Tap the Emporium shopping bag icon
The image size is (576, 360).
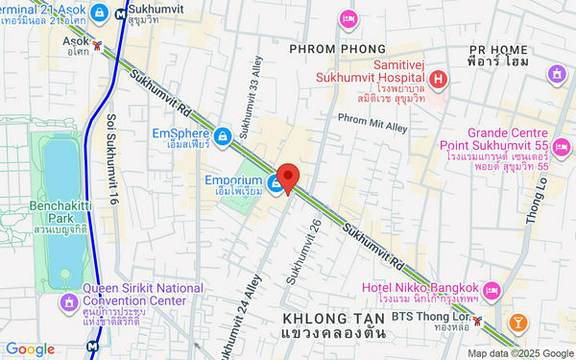276,186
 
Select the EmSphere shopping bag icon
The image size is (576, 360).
223,135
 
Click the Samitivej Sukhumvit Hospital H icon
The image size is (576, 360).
438,80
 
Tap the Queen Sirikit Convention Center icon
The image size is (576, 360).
68,303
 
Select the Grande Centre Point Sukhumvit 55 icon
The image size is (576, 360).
562,147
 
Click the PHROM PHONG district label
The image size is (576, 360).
337,48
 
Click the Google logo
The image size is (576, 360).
30,349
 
